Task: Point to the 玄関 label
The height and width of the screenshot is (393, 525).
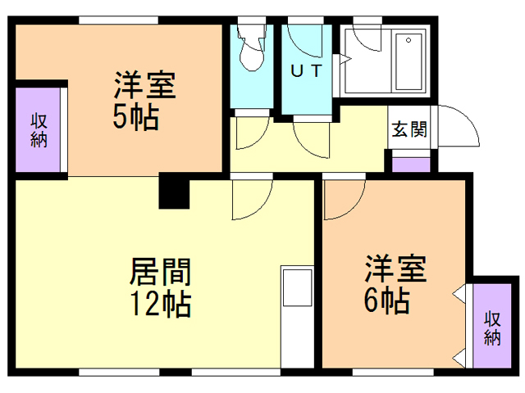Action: tap(408, 130)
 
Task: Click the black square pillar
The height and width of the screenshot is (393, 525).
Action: tap(174, 192)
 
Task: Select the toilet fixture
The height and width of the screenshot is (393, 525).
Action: tap(249, 52)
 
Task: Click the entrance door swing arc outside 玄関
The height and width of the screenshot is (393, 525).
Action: tap(459, 127)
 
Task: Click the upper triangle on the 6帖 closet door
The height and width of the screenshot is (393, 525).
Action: tap(460, 293)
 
